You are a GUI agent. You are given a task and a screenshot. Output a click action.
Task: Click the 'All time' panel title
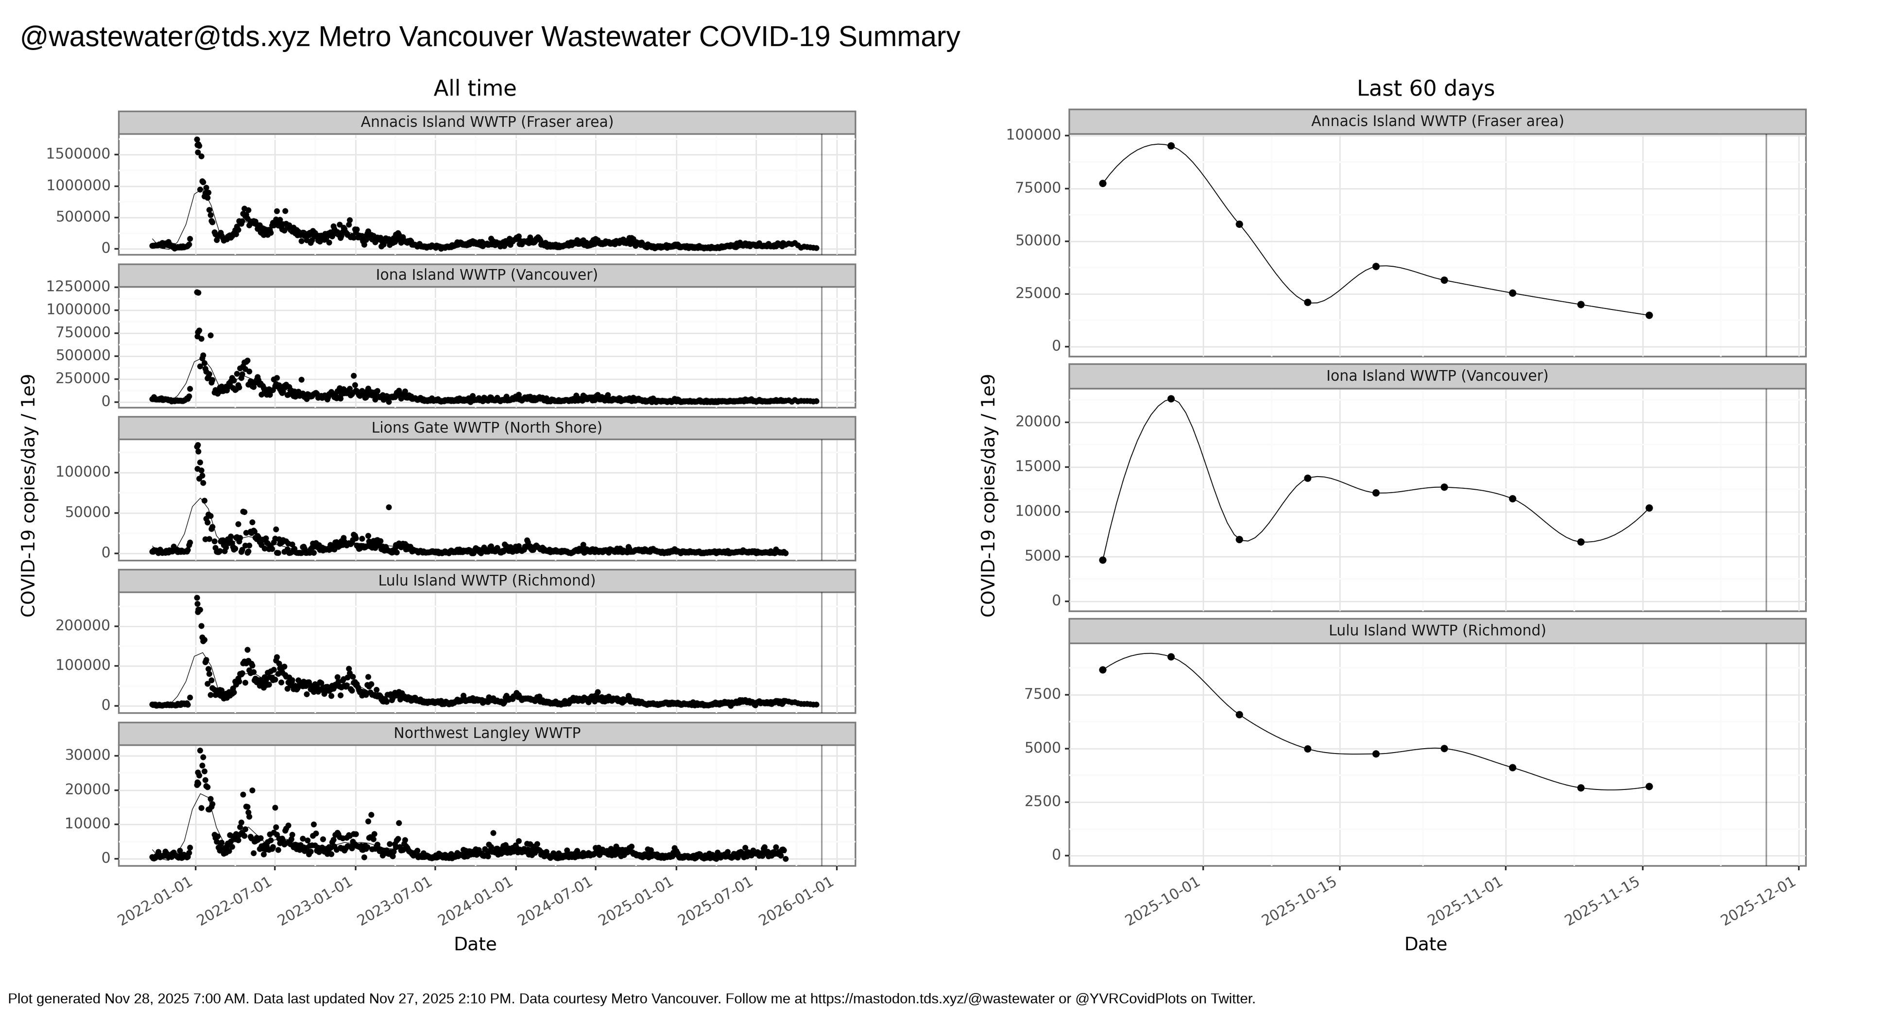point(475,88)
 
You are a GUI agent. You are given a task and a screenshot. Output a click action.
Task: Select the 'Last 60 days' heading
point(1425,88)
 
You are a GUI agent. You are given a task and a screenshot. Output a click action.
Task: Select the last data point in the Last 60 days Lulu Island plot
point(1649,787)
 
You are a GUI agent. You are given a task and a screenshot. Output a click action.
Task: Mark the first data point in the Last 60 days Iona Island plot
point(1102,560)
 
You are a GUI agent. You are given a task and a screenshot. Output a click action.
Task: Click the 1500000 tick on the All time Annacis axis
point(78,154)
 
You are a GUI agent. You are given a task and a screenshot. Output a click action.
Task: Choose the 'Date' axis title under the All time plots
point(475,944)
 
